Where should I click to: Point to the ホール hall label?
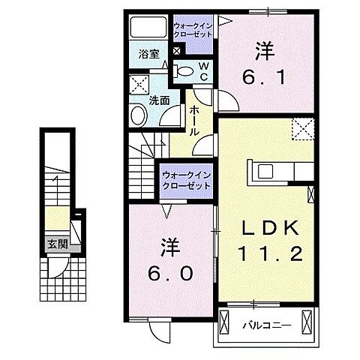(193, 120)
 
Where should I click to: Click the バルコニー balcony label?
(261, 325)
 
